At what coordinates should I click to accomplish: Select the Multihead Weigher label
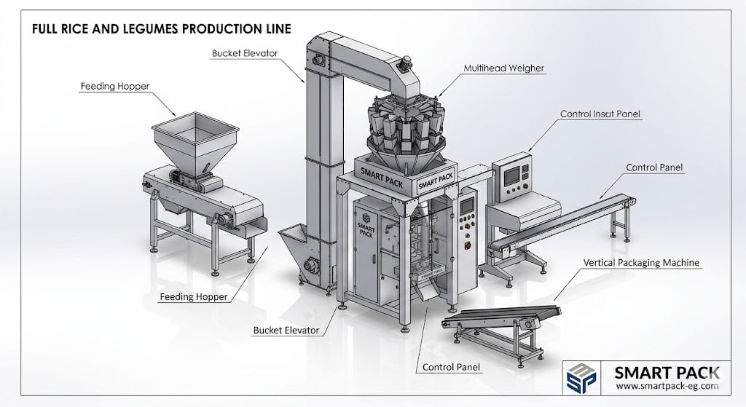click(x=504, y=68)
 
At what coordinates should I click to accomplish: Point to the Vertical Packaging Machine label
click(x=642, y=262)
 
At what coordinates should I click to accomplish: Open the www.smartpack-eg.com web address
click(x=667, y=387)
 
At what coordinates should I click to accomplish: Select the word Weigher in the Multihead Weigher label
click(x=524, y=68)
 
